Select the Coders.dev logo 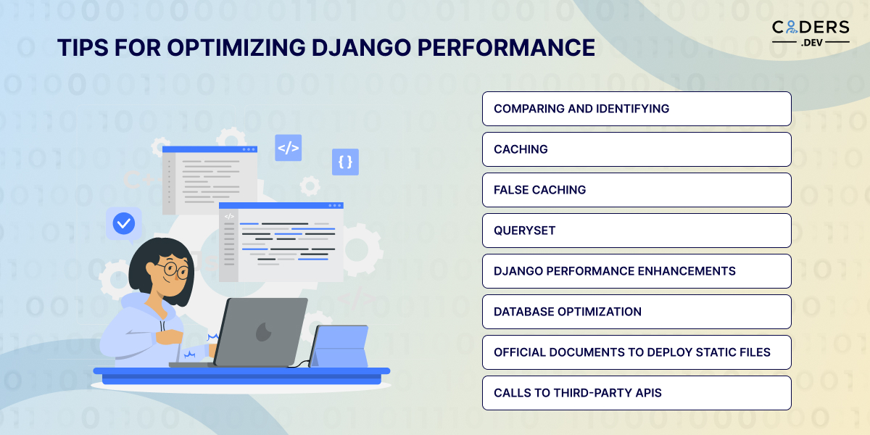(811, 33)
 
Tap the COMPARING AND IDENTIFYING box (637, 109)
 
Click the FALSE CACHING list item (637, 190)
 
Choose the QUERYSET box (637, 231)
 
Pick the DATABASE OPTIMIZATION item (637, 312)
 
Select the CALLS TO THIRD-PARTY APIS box (637, 393)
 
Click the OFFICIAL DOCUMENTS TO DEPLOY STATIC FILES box (637, 352)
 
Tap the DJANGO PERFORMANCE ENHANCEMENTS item (637, 271)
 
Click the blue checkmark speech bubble (124, 224)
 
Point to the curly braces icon (345, 162)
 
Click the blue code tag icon (289, 148)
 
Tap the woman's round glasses (175, 269)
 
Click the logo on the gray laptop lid (263, 332)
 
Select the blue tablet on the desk (339, 346)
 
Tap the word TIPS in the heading (83, 48)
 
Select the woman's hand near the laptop (170, 336)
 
